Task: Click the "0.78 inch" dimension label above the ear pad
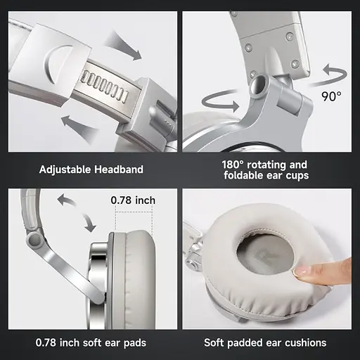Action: pos(134,200)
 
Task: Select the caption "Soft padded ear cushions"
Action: pos(265,342)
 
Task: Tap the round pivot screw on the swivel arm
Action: pos(32,239)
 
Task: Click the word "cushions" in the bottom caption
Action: pos(303,342)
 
